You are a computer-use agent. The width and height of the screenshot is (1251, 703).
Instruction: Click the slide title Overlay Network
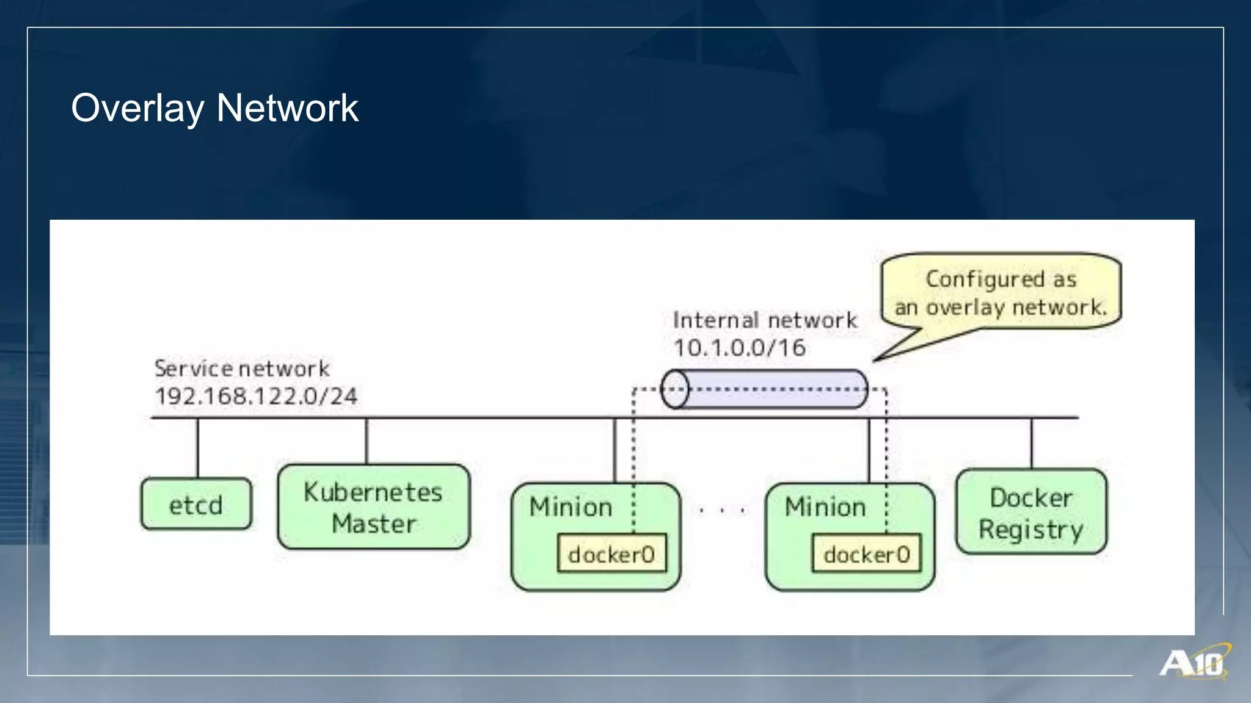tap(214, 108)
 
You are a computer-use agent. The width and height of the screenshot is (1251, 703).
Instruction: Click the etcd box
tap(195, 504)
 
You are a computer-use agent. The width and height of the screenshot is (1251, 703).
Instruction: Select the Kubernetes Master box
tap(373, 507)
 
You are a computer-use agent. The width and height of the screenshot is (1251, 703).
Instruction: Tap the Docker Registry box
tap(1031, 512)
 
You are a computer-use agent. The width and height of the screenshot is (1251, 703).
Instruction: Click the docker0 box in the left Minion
tap(611, 554)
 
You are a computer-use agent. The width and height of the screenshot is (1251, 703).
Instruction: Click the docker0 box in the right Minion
tap(866, 554)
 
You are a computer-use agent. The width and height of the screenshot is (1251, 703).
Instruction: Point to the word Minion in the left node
tap(571, 507)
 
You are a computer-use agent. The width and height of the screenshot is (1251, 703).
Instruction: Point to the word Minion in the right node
tap(825, 507)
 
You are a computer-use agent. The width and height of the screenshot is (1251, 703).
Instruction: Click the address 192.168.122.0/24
tap(256, 396)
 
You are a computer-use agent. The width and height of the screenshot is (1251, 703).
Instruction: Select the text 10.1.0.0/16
tap(740, 348)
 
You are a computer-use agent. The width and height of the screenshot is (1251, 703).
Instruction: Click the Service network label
tap(242, 369)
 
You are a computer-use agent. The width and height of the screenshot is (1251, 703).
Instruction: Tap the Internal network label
tap(765, 320)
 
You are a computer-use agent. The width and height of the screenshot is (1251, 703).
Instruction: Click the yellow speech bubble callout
tap(1001, 292)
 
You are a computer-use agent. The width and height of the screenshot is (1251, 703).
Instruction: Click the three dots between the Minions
tap(722, 510)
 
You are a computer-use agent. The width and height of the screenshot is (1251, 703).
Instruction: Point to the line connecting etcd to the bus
tap(197, 447)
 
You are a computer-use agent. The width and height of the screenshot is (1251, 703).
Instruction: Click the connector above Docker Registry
tap(1032, 443)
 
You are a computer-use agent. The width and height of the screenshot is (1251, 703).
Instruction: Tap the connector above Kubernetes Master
tap(367, 441)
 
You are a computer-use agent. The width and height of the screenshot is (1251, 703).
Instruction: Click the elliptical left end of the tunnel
tap(675, 389)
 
